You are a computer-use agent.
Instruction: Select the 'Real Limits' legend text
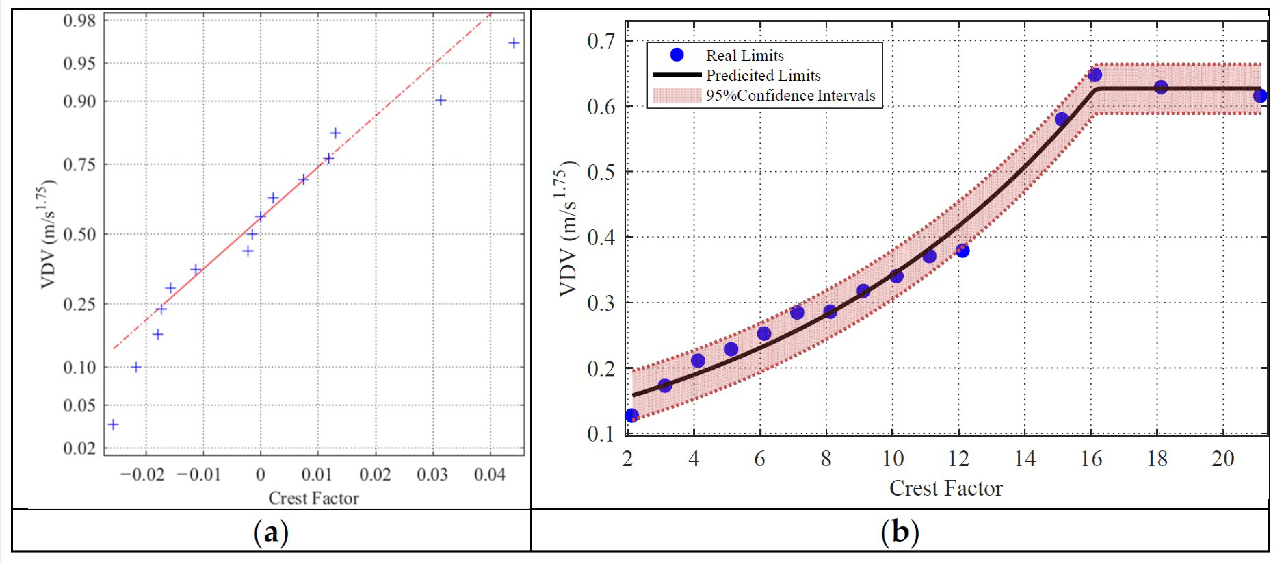745,55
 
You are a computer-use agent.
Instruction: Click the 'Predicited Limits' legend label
763,76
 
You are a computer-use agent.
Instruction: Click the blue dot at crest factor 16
1094,75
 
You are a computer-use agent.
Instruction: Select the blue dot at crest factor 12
963,250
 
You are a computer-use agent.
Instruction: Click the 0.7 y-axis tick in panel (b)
601,41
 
